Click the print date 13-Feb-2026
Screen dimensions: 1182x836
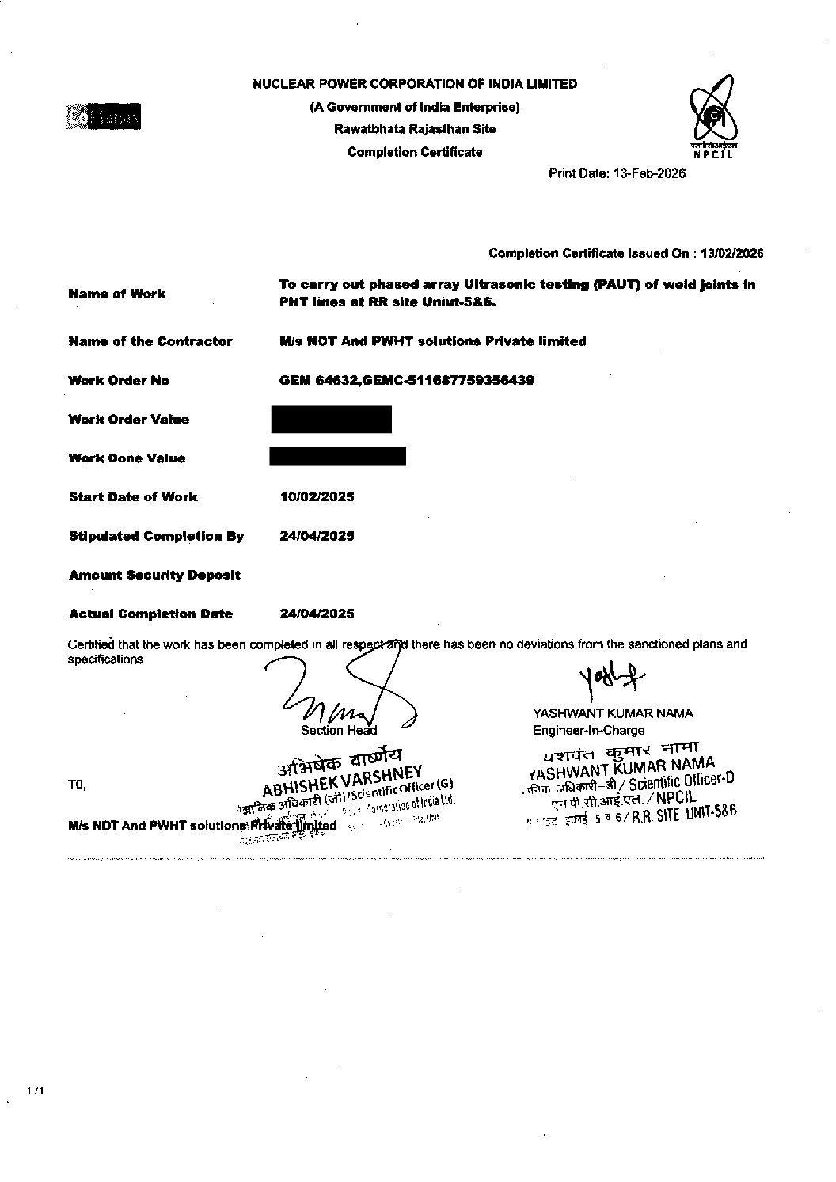[x=617, y=173]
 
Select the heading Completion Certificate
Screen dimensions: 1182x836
[x=415, y=152]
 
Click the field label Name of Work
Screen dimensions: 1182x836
[x=117, y=294]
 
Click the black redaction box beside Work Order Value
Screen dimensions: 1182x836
[x=331, y=419]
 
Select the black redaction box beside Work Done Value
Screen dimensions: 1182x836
[x=338, y=457]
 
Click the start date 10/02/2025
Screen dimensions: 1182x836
[x=317, y=496]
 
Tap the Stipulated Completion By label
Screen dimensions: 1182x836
[x=156, y=536]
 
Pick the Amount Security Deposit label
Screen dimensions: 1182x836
[x=154, y=575]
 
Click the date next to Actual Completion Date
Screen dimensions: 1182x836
[x=317, y=614]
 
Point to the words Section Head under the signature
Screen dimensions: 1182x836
[x=339, y=730]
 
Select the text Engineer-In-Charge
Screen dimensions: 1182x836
[x=588, y=730]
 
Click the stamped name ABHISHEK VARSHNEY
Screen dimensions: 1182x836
[x=344, y=780]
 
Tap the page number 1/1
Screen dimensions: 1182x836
[x=36, y=1091]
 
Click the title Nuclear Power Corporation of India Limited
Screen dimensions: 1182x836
[x=415, y=84]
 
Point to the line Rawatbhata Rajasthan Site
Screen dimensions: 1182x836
[x=415, y=129]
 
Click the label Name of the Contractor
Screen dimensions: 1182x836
[x=150, y=341]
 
